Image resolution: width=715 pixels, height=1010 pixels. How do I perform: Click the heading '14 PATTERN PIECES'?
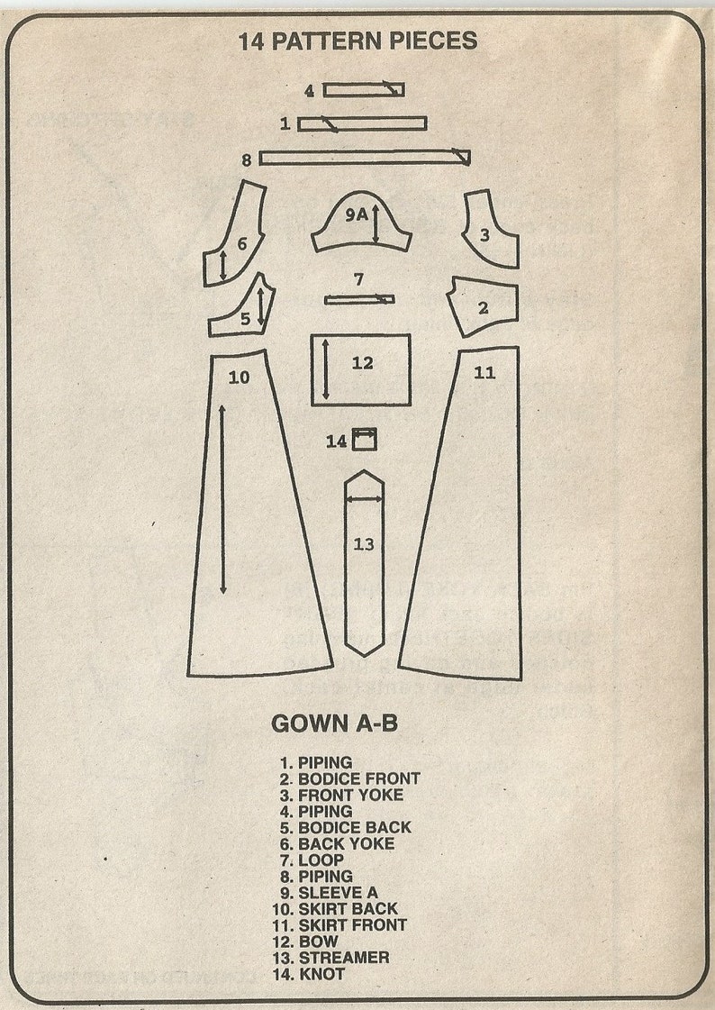[x=357, y=41]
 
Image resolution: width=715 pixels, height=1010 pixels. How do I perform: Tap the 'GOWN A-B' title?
[x=335, y=723]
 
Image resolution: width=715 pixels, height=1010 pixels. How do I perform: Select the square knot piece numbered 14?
[x=365, y=439]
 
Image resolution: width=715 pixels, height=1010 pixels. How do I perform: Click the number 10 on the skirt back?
[x=239, y=378]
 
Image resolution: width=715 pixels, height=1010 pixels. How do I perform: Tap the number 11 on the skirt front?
[x=484, y=372]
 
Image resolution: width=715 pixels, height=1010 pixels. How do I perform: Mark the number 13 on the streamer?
[x=364, y=544]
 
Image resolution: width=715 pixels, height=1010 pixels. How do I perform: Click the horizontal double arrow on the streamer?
[x=365, y=498]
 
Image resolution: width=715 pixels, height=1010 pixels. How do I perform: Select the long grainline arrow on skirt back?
[x=222, y=499]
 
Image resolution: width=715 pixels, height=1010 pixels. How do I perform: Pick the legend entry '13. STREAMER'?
[x=330, y=958]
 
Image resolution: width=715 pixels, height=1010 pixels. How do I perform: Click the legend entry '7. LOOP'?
[x=312, y=860]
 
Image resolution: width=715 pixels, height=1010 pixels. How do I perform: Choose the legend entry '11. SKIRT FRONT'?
[x=339, y=925]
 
